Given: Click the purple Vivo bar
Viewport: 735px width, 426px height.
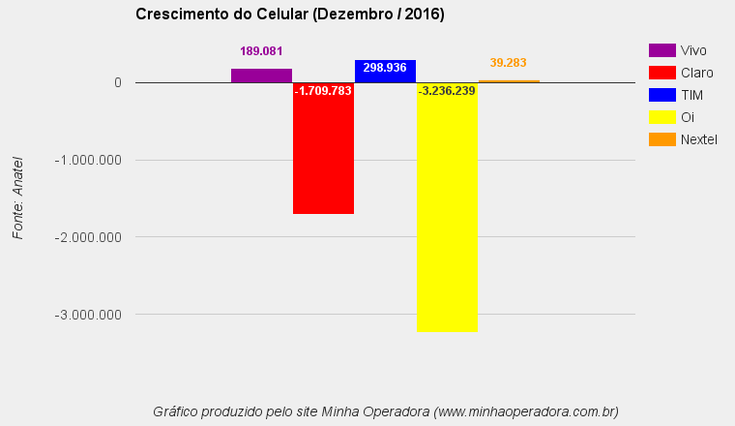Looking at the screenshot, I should (261, 76).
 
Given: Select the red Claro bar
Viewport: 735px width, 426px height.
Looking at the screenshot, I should (323, 155).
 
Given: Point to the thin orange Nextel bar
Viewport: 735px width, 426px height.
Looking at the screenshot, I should (509, 81).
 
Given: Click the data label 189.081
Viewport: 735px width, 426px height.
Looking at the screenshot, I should (261, 51).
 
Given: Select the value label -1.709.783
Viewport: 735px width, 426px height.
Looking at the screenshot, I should (323, 91).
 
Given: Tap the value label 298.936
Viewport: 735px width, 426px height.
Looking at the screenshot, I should (385, 68).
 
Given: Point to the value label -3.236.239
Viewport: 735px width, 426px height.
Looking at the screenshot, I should (447, 91).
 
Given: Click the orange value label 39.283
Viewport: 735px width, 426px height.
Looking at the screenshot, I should (508, 63).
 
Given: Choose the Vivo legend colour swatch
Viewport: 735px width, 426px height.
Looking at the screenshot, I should (661, 50).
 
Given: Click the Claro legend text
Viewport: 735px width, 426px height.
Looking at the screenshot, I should (697, 73).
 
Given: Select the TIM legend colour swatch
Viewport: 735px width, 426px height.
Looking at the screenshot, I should (661, 95).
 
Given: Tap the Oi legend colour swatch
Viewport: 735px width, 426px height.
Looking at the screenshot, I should (661, 117).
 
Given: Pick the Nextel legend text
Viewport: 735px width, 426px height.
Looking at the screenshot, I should (699, 139).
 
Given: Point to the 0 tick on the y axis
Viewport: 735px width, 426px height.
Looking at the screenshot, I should (117, 82).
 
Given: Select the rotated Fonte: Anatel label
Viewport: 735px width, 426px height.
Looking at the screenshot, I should (17, 198).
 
